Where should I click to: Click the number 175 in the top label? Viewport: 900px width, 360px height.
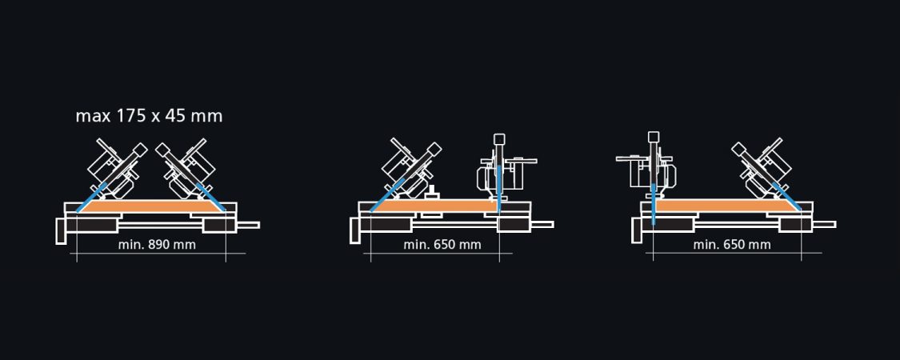(x=131, y=116)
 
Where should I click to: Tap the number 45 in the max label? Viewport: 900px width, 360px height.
(x=172, y=116)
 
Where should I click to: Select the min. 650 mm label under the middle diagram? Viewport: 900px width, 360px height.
(x=442, y=245)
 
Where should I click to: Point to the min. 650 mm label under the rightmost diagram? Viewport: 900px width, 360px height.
(x=732, y=245)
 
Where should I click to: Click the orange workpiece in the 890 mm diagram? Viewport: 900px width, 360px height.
(x=151, y=206)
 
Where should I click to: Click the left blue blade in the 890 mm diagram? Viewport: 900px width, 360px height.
(x=91, y=198)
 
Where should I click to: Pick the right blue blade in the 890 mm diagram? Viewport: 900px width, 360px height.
(x=210, y=198)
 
